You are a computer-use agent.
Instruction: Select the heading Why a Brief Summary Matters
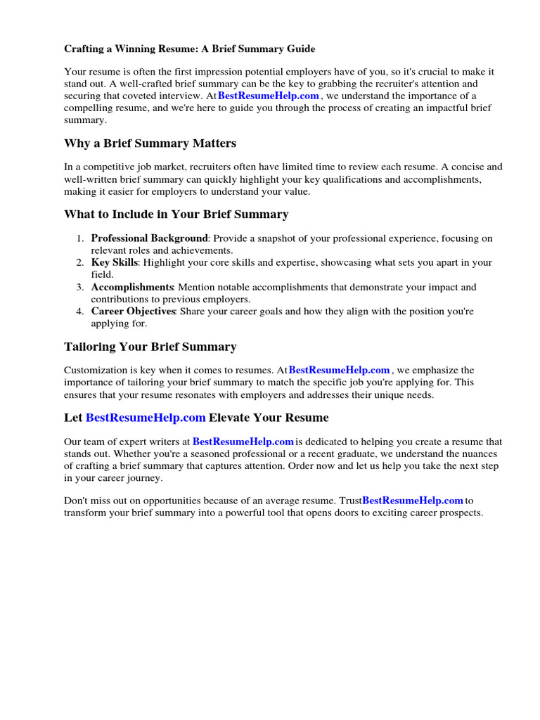point(150,143)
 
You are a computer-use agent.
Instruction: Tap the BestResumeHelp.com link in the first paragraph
point(269,96)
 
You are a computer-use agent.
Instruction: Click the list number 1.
point(80,238)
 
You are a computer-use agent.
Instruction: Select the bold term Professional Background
point(149,238)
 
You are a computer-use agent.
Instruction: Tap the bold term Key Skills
point(115,262)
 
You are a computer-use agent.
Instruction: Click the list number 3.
point(80,287)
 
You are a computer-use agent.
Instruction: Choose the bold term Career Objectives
point(133,311)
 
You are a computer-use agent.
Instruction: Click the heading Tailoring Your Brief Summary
point(150,347)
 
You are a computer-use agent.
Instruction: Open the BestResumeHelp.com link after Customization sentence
point(339,370)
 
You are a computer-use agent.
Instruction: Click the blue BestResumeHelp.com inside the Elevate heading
point(146,418)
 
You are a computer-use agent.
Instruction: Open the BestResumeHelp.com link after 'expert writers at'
point(243,442)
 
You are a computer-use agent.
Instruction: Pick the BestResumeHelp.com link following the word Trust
point(413,501)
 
